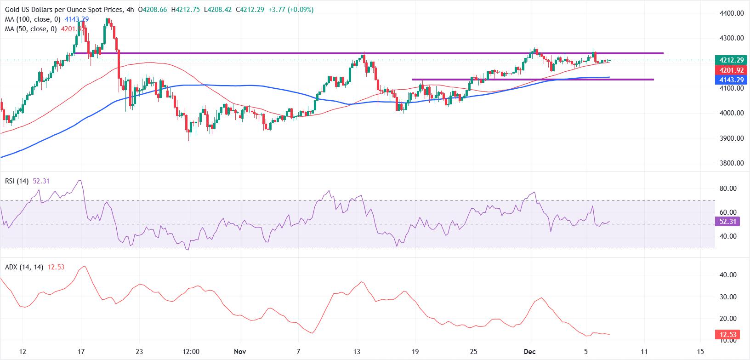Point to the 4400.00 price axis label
pyautogui.click(x=731, y=13)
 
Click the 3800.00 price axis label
pyautogui.click(x=731, y=163)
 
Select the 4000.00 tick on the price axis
pyautogui.click(x=731, y=113)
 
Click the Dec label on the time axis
pyautogui.click(x=529, y=352)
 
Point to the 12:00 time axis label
pyautogui.click(x=190, y=352)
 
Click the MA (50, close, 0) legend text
pyautogui.click(x=29, y=29)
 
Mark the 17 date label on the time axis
pyautogui.click(x=81, y=352)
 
